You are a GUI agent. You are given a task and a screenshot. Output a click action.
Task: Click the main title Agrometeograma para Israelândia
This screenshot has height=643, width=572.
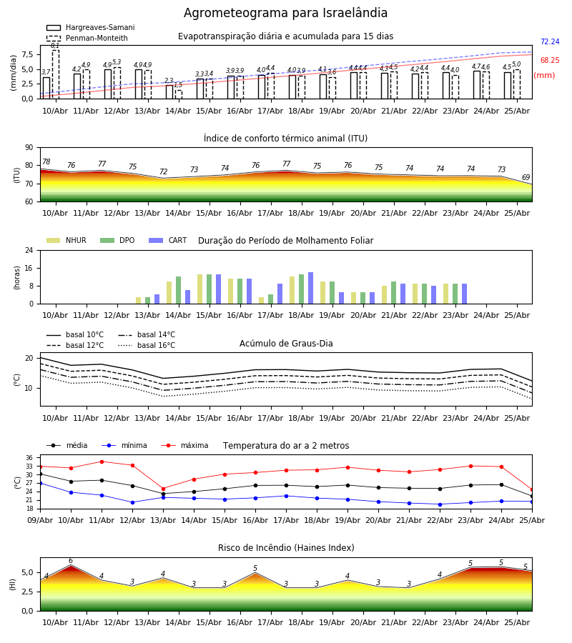click(x=285, y=13)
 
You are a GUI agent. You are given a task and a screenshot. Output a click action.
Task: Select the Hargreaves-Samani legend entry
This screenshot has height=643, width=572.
click(x=91, y=27)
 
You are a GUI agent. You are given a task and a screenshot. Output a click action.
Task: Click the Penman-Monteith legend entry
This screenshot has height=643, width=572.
click(x=87, y=38)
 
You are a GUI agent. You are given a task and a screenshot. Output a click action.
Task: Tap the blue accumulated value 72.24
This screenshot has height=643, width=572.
click(x=550, y=42)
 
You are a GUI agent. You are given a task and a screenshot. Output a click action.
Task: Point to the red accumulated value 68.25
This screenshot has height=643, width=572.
click(x=550, y=60)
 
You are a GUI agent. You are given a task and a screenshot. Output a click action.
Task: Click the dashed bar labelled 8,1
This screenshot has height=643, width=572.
click(x=55, y=74)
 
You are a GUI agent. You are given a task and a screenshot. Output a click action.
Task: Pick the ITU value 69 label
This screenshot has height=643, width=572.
click(x=526, y=178)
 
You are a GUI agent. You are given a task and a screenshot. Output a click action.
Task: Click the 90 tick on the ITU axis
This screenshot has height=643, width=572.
click(x=29, y=148)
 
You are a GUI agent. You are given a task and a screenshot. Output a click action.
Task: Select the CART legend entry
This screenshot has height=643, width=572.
click(x=168, y=240)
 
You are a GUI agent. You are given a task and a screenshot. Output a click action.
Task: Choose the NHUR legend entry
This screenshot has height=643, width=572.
click(x=66, y=240)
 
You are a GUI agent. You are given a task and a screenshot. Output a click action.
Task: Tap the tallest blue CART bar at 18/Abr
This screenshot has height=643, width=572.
click(x=310, y=288)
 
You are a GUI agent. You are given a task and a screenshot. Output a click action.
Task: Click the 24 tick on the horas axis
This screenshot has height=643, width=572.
click(x=29, y=250)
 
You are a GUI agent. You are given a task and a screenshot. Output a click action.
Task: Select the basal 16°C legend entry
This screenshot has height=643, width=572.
click(x=147, y=345)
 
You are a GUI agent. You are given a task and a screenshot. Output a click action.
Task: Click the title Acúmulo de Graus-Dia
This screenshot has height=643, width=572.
click(x=286, y=343)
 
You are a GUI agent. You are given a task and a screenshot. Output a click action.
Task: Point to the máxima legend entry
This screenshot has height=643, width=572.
click(x=184, y=445)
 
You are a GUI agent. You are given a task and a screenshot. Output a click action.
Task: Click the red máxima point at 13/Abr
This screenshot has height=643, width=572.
click(x=163, y=489)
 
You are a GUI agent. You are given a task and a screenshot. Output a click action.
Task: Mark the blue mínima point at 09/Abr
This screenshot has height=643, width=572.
click(x=40, y=484)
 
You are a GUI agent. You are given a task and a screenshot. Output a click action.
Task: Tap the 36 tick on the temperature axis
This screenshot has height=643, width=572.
click(x=29, y=458)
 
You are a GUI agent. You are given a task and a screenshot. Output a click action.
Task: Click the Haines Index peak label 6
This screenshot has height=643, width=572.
click(x=71, y=561)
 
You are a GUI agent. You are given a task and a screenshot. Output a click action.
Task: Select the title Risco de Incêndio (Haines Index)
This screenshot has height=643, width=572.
click(x=286, y=548)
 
